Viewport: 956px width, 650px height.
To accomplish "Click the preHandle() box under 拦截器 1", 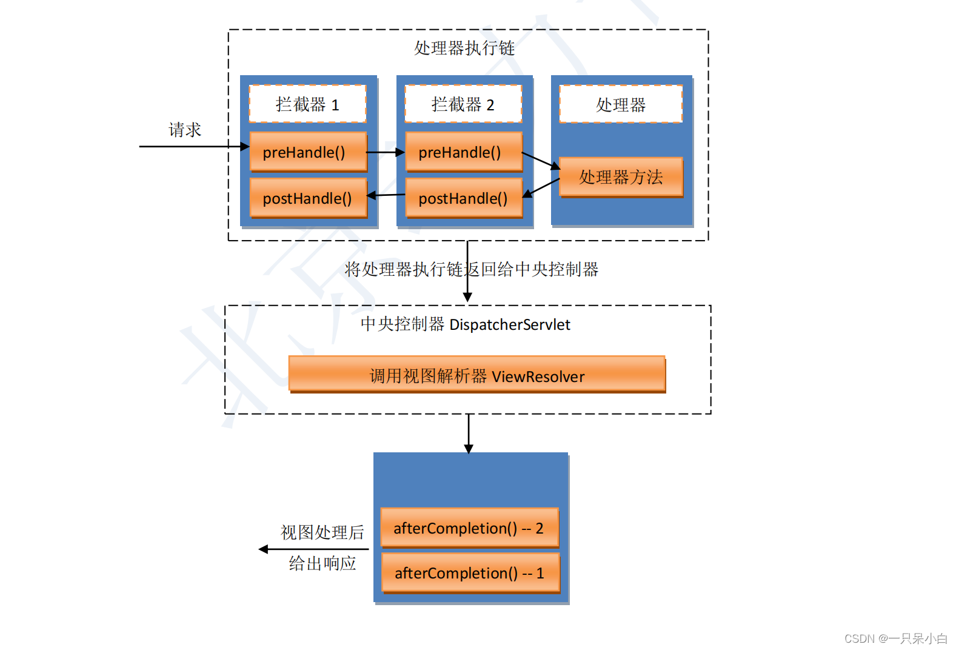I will point(308,152).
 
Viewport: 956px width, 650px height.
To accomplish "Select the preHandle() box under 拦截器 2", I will point(463,152).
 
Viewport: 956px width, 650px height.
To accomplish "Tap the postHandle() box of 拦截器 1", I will point(308,198).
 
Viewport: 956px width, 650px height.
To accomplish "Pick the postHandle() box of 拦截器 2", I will point(463,198).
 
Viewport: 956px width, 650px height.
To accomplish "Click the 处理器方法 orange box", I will point(621,177).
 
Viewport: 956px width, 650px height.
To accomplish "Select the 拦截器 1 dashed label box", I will point(307,104).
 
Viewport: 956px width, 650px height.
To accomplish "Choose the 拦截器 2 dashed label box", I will point(463,104).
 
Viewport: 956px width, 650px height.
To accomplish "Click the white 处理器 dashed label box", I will point(621,104).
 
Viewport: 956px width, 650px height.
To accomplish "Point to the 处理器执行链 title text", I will point(464,48).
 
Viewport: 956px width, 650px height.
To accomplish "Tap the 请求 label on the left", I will point(185,130).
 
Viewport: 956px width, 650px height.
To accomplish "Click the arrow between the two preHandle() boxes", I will point(386,152).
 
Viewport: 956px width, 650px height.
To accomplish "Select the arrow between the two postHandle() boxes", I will point(386,195).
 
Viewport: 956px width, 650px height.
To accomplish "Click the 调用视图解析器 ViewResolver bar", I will point(477,376).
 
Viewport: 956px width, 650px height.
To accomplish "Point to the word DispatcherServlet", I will point(509,325).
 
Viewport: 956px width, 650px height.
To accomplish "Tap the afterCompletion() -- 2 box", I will point(469,528).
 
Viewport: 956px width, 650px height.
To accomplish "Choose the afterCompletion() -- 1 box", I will point(470,573).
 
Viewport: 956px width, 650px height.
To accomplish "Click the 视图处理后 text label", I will point(323,532).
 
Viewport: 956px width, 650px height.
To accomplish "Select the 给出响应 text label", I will point(323,563).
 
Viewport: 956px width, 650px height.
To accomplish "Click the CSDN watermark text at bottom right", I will point(895,638).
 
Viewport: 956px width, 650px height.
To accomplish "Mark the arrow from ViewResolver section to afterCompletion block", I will point(469,434).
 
